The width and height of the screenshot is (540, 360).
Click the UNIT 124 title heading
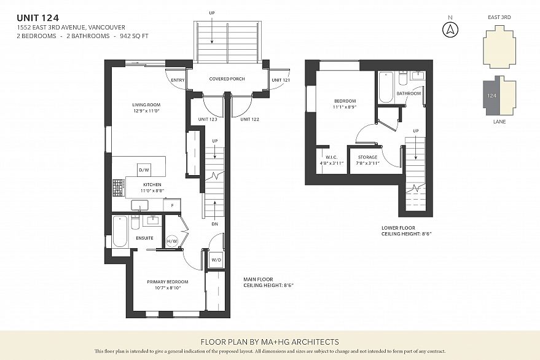38,18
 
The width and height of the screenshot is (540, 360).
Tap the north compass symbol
450,29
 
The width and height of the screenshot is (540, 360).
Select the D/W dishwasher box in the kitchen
144,170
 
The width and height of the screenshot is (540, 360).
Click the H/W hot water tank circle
172,241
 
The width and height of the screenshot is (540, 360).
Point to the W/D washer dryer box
216,260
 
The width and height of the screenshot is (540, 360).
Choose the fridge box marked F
172,205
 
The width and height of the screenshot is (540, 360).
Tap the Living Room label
146,104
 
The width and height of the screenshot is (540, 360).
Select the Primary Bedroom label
168,282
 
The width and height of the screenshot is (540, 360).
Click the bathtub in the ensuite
120,232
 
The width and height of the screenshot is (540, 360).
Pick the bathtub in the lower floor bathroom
386,87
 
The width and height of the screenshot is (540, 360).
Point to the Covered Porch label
227,79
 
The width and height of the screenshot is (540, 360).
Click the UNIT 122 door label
249,119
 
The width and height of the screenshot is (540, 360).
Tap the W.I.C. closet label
332,157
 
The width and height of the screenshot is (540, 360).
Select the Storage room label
367,157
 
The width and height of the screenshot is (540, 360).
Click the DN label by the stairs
215,224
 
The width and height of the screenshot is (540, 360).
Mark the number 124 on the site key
492,95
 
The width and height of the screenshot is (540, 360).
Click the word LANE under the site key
499,122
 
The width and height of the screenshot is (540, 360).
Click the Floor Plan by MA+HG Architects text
270,342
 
